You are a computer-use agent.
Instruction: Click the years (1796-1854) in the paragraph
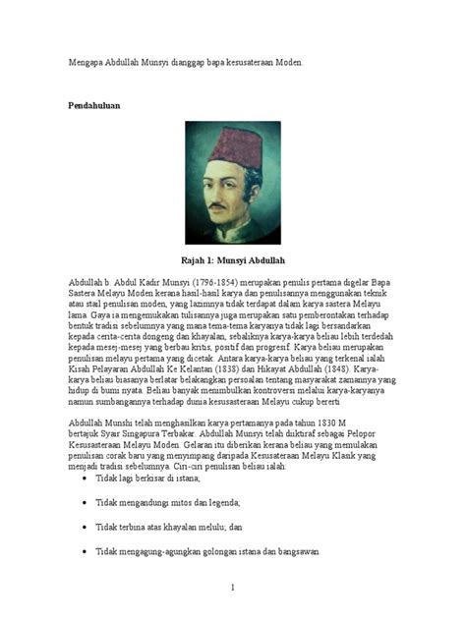click(x=202, y=280)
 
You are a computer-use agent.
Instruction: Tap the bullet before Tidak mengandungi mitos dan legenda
click(x=84, y=502)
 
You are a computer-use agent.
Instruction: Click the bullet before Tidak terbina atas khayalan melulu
click(x=84, y=527)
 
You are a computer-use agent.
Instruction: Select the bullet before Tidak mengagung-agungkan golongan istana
click(x=84, y=552)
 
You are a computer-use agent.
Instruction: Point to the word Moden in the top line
click(x=285, y=61)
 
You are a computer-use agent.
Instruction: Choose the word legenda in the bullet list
click(x=220, y=502)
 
